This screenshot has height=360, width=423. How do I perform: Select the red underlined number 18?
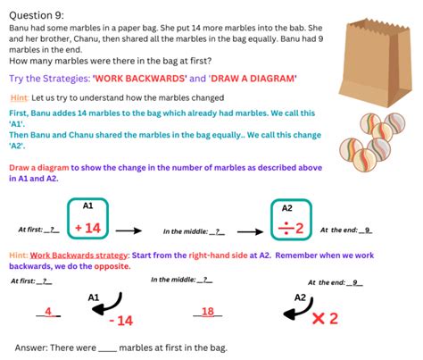point(207,311)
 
